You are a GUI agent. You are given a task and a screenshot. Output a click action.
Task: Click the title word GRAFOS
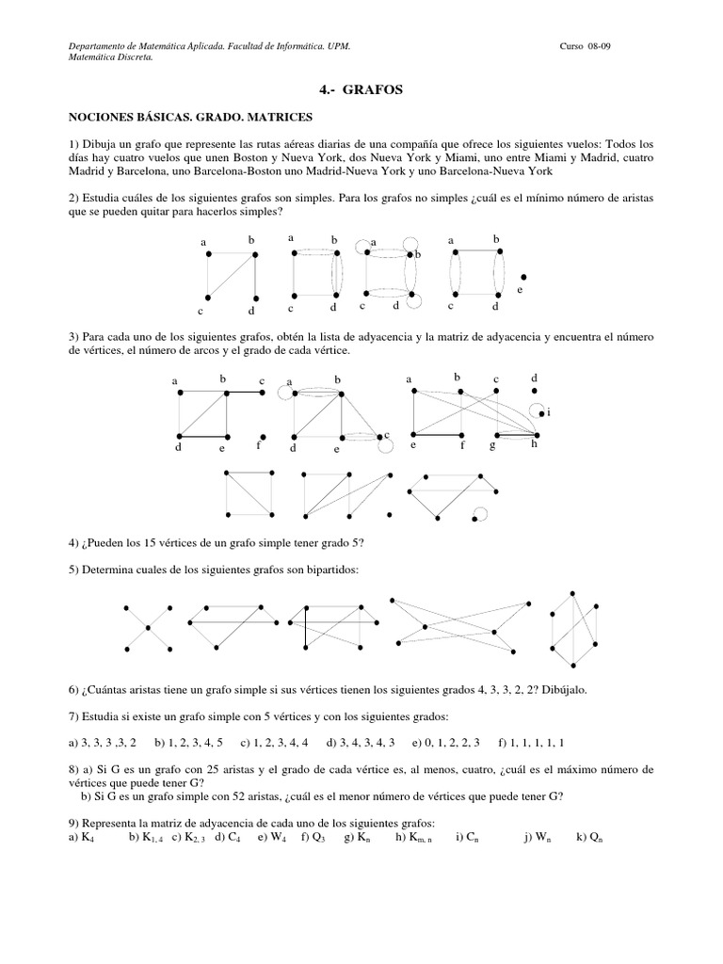375,90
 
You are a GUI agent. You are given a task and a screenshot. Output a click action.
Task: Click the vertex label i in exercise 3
547,412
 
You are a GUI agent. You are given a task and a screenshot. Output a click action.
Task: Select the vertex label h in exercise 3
534,443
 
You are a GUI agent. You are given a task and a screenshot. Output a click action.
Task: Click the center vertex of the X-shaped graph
147,626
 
